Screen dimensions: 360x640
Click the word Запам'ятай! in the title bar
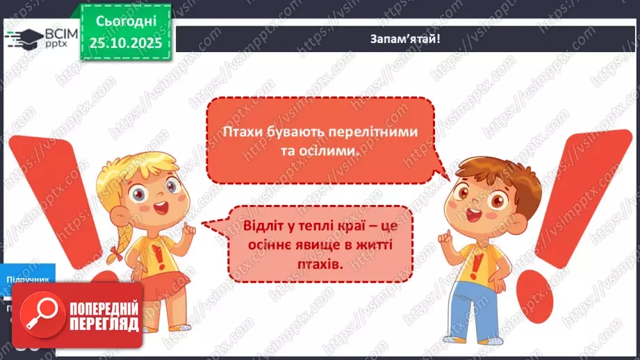click(x=405, y=38)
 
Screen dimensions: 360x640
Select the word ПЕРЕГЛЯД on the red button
click(x=104, y=324)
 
